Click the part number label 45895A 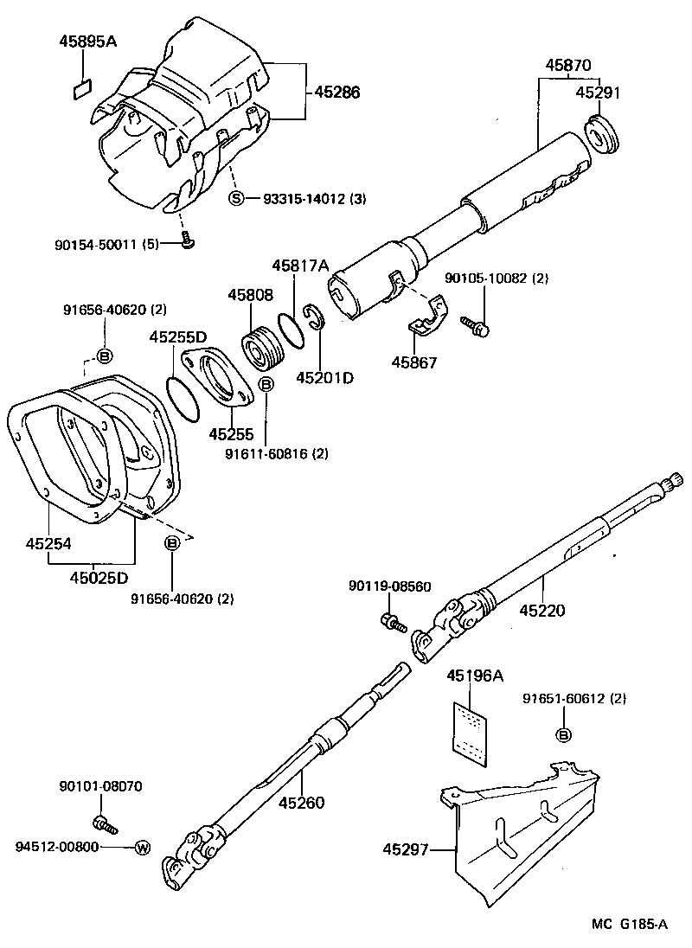pos(87,41)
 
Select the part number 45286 pos(336,92)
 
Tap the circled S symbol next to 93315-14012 pos(236,199)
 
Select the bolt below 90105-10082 pos(475,325)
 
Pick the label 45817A pos(300,266)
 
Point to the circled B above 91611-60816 pos(266,383)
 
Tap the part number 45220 pos(542,611)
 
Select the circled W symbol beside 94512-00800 pos(142,847)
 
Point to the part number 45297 pos(406,850)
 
